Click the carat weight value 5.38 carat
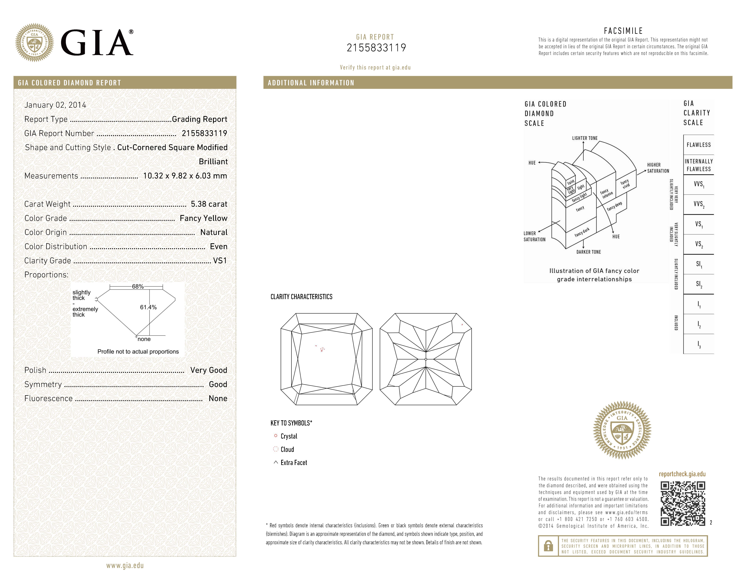click(209, 204)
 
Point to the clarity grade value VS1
click(220, 261)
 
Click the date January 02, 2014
click(55, 105)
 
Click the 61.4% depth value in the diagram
click(148, 307)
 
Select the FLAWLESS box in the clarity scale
click(699, 145)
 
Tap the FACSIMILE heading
click(623, 31)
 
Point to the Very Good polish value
click(208, 370)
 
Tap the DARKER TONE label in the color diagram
click(589, 252)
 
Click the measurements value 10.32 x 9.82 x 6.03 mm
click(185, 176)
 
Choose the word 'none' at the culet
click(144, 339)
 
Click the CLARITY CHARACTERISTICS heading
click(301, 297)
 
